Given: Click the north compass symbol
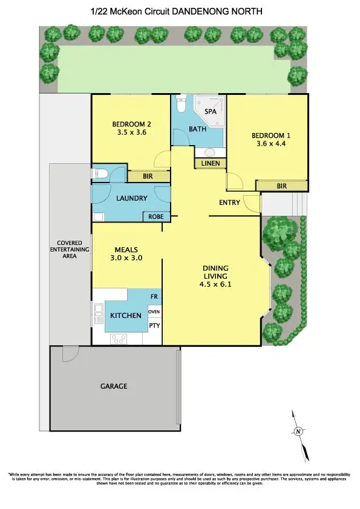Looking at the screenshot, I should click(x=298, y=432).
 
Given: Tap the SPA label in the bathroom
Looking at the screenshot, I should click(x=210, y=112).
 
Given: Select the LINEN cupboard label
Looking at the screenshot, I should click(x=210, y=163).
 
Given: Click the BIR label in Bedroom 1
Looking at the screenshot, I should click(x=281, y=186).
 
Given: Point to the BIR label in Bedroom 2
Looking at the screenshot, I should click(x=148, y=177).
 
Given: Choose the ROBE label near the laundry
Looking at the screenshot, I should click(x=155, y=216).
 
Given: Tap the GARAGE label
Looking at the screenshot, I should click(x=114, y=386).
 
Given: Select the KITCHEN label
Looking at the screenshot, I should click(x=126, y=316).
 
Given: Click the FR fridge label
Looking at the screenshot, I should click(x=154, y=297).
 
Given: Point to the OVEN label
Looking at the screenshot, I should click(x=154, y=311).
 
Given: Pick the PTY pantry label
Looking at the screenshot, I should click(x=154, y=325).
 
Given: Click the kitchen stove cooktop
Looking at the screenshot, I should click(x=118, y=339).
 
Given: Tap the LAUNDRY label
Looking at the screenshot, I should click(x=131, y=198).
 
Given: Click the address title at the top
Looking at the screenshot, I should click(x=180, y=11).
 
